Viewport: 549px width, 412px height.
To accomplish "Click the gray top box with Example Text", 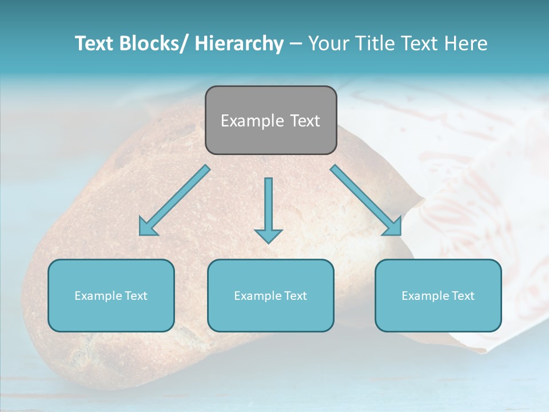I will click(270, 120).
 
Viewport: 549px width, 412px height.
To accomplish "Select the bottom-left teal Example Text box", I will click(111, 295).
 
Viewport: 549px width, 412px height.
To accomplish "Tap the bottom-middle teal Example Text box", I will click(270, 295).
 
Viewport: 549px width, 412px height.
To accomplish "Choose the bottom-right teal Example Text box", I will click(438, 295).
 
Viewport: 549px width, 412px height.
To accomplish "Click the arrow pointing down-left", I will click(174, 200).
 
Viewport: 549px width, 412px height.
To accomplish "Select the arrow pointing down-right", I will click(366, 200).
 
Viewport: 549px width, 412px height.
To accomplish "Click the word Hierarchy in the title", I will click(239, 43).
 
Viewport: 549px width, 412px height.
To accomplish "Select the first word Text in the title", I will click(96, 43).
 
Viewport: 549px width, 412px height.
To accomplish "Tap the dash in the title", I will click(296, 44).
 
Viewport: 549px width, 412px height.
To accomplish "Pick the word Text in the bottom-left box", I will click(136, 296).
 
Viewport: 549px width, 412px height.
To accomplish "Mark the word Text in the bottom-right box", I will click(463, 296).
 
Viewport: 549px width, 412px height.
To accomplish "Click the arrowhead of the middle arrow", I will click(268, 235).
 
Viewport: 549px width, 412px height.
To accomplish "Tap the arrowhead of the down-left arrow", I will click(147, 227).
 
